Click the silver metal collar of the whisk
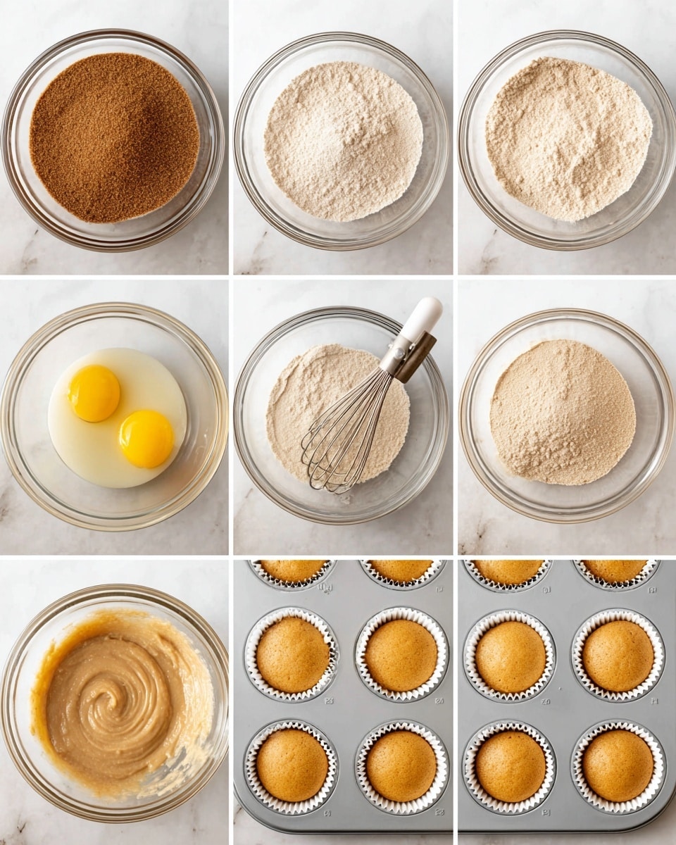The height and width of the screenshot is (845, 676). point(395,356)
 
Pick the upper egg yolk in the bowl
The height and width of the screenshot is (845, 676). point(94,393)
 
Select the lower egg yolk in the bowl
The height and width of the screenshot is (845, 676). point(146,438)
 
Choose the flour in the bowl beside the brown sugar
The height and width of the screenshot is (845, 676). point(344,141)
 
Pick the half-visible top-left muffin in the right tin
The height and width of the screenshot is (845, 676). point(508,570)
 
